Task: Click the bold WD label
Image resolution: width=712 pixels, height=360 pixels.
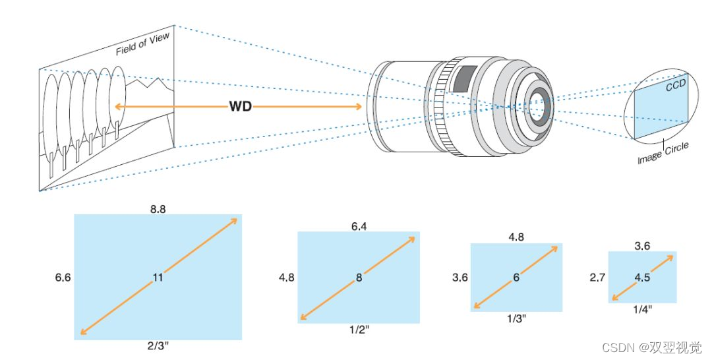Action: click(x=240, y=106)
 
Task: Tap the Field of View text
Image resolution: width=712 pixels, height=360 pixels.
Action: click(x=143, y=44)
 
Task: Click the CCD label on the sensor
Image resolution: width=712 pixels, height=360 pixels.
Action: click(x=674, y=86)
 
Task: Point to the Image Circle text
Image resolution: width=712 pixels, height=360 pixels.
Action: click(x=663, y=154)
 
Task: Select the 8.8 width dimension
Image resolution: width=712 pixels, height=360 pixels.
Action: click(x=158, y=208)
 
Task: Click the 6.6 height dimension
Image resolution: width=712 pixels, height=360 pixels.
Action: click(x=63, y=278)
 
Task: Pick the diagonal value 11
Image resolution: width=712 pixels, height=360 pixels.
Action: click(x=158, y=278)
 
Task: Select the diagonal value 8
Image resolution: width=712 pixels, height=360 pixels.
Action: click(x=359, y=278)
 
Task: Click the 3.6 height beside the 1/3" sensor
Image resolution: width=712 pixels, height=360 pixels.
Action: click(x=460, y=278)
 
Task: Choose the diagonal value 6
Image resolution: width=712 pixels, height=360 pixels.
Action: click(x=516, y=278)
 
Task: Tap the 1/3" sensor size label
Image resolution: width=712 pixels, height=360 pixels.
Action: click(x=516, y=318)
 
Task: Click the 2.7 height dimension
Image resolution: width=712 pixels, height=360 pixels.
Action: click(x=597, y=278)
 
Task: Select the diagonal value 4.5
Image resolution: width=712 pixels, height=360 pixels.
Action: click(x=642, y=278)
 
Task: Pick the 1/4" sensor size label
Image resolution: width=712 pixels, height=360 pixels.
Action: click(x=642, y=309)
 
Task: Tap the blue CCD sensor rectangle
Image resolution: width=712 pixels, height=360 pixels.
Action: click(x=659, y=109)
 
